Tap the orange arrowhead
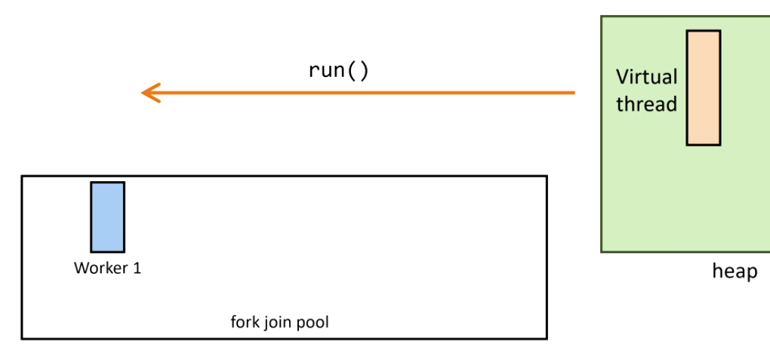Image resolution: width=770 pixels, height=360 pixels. pyautogui.click(x=149, y=93)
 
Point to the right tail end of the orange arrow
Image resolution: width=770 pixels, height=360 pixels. pyautogui.click(x=574, y=93)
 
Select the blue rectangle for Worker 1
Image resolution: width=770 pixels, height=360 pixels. pyautogui.click(x=107, y=217)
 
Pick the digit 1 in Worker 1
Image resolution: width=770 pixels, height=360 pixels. pyautogui.click(x=137, y=268)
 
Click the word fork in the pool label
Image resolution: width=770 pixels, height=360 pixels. pyautogui.click(x=244, y=322)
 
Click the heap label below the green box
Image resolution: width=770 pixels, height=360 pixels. pyautogui.click(x=735, y=271)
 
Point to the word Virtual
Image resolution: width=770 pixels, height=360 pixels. pyautogui.click(x=646, y=77)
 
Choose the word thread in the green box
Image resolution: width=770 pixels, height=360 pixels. pyautogui.click(x=646, y=104)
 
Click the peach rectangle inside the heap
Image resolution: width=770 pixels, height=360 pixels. pyautogui.click(x=703, y=88)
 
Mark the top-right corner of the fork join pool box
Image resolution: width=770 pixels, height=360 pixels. pyautogui.click(x=547, y=177)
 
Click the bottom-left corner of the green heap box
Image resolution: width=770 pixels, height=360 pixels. pyautogui.click(x=602, y=251)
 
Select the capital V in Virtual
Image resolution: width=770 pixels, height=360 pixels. pyautogui.click(x=622, y=77)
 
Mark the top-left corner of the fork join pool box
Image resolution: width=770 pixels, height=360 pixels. pyautogui.click(x=22, y=177)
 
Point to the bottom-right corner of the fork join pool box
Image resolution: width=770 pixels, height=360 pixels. pyautogui.click(x=547, y=338)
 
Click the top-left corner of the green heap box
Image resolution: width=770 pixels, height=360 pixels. pyautogui.click(x=602, y=17)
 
